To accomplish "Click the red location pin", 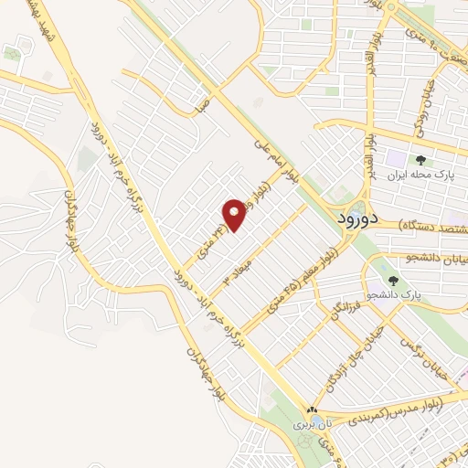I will (x=235, y=213).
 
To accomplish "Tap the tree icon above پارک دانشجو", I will (x=393, y=281).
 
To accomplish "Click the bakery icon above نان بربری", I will (x=313, y=410).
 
